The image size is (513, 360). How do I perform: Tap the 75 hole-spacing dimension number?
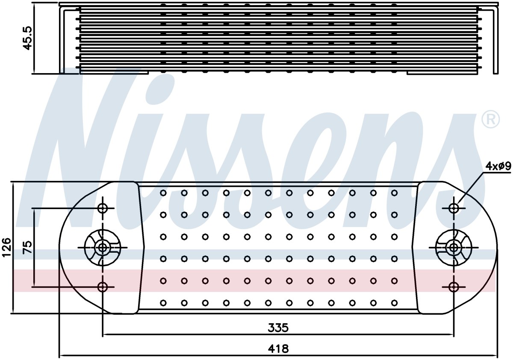pos(27,247)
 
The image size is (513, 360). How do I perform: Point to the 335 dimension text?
pos(278,328)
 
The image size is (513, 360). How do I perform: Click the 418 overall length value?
pos(278,349)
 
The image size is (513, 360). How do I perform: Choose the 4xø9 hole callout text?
pos(498,166)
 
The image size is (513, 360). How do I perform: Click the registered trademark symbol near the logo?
pos(491,120)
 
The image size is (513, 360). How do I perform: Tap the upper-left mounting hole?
pos(102,208)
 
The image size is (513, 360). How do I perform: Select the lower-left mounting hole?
pos(102,286)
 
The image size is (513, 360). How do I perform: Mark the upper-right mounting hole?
pos(454,208)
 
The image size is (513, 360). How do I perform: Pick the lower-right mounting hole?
pos(454,286)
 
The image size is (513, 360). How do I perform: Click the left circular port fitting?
pos(102,248)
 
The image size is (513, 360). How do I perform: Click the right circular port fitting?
pos(454,248)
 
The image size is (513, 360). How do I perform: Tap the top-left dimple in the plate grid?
pos(163,193)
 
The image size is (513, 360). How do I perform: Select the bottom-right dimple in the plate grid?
pos(394,303)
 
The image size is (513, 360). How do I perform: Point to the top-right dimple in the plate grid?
pos(394,193)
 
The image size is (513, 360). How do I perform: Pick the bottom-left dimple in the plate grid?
pos(163,303)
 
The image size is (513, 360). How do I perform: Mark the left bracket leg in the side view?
pos(62,40)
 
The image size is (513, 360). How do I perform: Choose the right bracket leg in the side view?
pos(495,40)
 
